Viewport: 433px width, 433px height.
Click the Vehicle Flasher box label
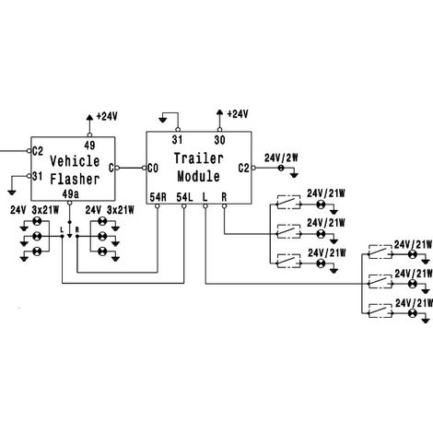point(75,170)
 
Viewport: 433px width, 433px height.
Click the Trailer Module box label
point(198,168)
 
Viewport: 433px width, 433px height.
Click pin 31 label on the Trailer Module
point(177,140)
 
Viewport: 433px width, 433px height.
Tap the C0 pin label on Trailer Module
point(153,169)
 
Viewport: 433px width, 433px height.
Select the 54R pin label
point(158,197)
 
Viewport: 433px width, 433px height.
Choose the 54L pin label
point(184,197)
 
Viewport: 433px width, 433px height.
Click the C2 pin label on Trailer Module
point(244,169)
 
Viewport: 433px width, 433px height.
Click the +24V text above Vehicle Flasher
point(107,116)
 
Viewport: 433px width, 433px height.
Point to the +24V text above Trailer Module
point(238,114)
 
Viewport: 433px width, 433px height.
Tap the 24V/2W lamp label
point(281,158)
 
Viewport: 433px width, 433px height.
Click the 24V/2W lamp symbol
point(280,168)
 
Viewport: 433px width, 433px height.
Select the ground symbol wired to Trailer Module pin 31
point(163,119)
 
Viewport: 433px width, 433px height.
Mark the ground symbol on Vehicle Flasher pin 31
point(12,193)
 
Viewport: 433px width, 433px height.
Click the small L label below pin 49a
point(62,229)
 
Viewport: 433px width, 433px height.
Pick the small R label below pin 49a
point(77,229)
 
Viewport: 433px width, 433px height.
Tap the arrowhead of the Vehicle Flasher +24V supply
point(89,117)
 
